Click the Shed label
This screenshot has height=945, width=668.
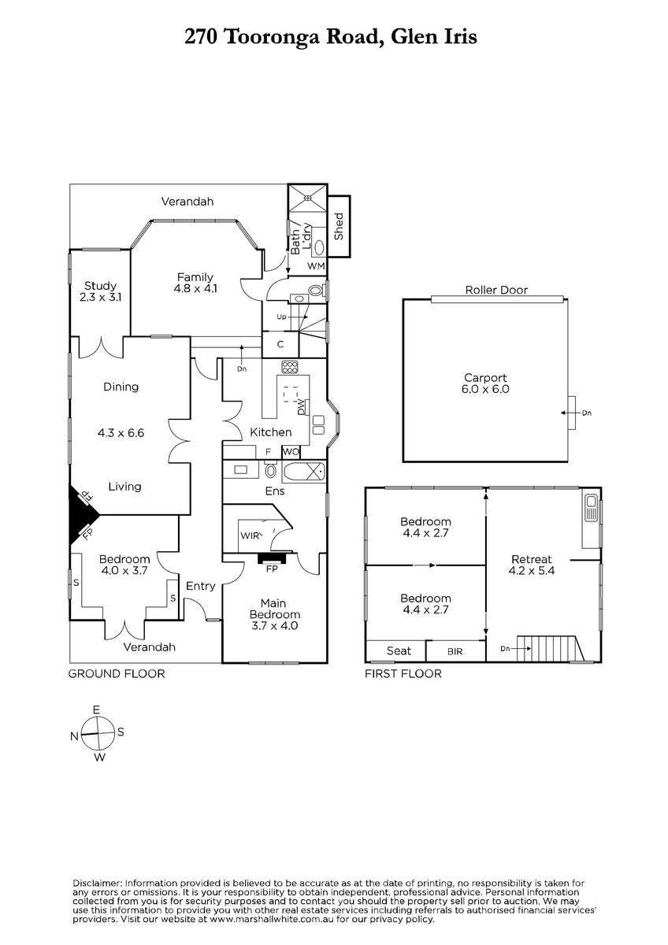pyautogui.click(x=339, y=227)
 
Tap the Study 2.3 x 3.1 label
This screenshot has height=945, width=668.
pyautogui.click(x=100, y=291)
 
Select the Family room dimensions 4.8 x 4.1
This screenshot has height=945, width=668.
pyautogui.click(x=195, y=288)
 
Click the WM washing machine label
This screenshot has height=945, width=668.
pyautogui.click(x=316, y=266)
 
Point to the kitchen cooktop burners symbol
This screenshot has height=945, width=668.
pyautogui.click(x=290, y=367)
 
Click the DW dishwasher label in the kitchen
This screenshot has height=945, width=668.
pyautogui.click(x=301, y=407)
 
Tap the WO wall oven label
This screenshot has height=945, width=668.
pyautogui.click(x=291, y=452)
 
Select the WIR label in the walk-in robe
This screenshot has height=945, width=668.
pyautogui.click(x=250, y=535)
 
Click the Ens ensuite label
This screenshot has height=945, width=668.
pyautogui.click(x=275, y=491)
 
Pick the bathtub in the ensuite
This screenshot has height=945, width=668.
pyautogui.click(x=304, y=472)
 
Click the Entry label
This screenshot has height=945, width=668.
pyautogui.click(x=200, y=586)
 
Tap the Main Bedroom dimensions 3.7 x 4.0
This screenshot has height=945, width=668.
pyautogui.click(x=274, y=625)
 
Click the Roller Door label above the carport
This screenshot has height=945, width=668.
pyautogui.click(x=496, y=291)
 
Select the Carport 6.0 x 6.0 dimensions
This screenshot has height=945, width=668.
pyautogui.click(x=485, y=389)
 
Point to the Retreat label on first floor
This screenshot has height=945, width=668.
pyautogui.click(x=531, y=559)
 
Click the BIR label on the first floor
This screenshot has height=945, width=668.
pyautogui.click(x=455, y=652)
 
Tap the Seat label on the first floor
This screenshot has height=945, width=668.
pyautogui.click(x=399, y=651)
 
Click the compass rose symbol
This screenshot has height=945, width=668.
pyautogui.click(x=98, y=733)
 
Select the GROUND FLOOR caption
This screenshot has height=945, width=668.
pyautogui.click(x=117, y=674)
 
